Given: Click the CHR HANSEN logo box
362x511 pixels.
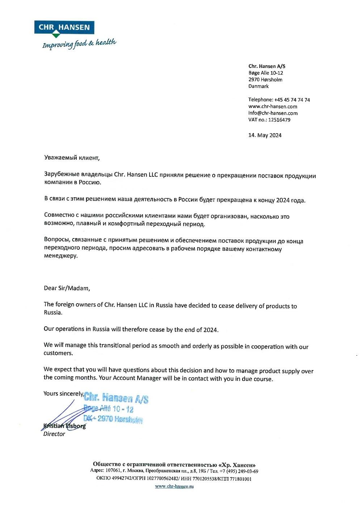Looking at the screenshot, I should (x=64, y=27).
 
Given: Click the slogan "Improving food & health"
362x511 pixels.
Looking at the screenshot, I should (x=79, y=44).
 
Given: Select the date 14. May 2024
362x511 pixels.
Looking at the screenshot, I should (x=265, y=136).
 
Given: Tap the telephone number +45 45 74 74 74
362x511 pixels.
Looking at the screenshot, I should (x=292, y=100).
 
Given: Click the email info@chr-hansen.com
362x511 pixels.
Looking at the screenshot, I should (x=273, y=113).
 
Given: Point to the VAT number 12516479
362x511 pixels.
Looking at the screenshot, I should (x=279, y=120).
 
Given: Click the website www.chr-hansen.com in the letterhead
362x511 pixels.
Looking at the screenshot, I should (x=273, y=107).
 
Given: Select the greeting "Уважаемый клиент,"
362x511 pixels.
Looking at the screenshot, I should (x=72, y=158).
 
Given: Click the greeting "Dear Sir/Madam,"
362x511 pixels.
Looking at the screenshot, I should (x=67, y=288).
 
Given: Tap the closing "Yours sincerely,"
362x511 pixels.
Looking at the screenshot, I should (x=63, y=394).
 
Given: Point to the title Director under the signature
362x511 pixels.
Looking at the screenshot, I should (x=54, y=434).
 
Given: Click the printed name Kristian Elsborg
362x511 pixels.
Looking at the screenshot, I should (x=65, y=426).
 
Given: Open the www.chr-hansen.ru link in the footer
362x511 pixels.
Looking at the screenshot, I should (x=174, y=486).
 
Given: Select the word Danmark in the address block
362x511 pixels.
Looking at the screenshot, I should (x=258, y=86).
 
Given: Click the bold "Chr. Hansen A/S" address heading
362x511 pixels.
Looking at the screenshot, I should (x=267, y=66).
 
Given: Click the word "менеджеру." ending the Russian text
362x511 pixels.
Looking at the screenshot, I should (x=61, y=256).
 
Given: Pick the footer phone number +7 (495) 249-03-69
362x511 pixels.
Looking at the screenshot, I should (x=239, y=471).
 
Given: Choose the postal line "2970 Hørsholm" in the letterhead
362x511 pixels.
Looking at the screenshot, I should (x=265, y=80).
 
